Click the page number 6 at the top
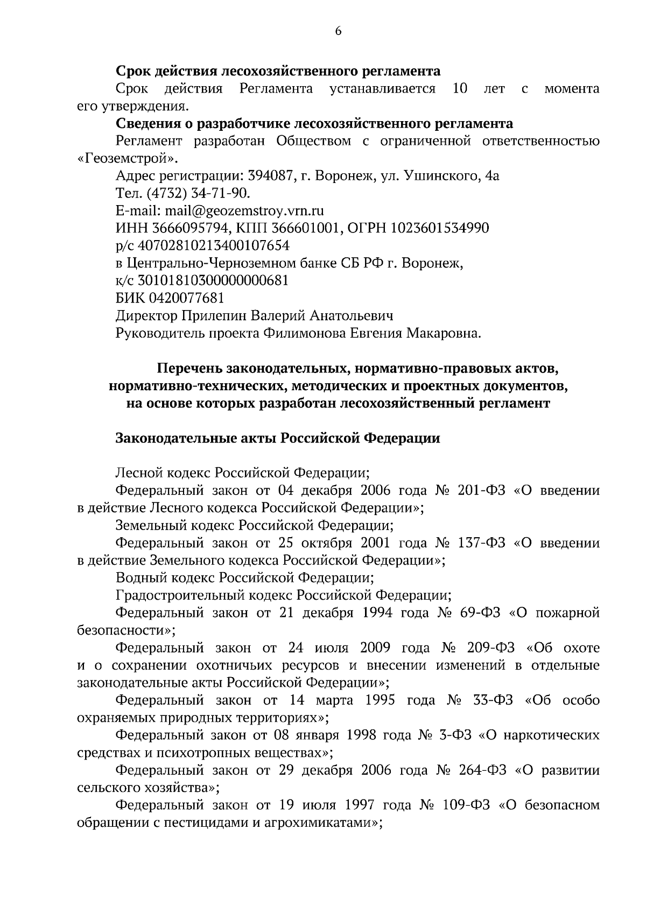[338, 31]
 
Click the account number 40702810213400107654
[214, 246]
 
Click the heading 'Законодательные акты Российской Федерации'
[278, 438]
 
